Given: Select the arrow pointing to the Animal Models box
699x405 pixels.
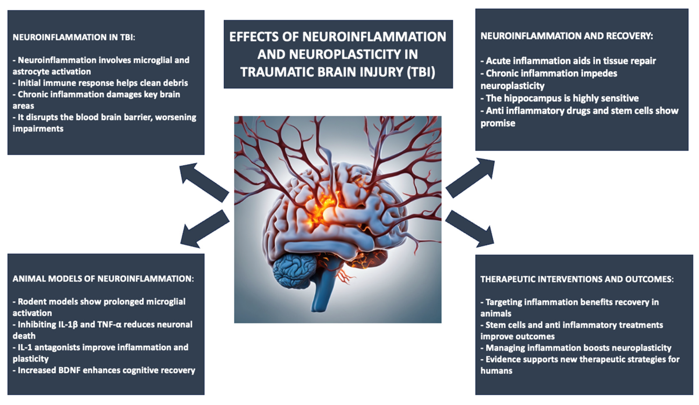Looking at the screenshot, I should point(205,229).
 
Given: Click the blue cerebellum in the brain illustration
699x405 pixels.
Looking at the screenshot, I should point(294,270).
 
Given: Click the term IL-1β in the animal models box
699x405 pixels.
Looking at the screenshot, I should point(67,324).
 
